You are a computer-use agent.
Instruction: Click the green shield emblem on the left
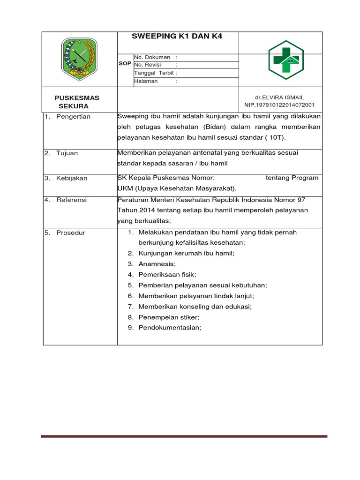click(x=79, y=59)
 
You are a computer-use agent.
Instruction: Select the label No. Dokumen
click(x=152, y=57)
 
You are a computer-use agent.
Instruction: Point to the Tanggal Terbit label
click(x=154, y=73)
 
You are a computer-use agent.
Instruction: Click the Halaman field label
click(x=146, y=81)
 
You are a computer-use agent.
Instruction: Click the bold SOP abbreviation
click(x=125, y=63)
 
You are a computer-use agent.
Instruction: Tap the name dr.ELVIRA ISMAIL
click(x=279, y=97)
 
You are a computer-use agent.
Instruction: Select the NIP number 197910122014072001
click(x=279, y=105)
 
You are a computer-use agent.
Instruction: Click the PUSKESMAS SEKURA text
click(x=77, y=102)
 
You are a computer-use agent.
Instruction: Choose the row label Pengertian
click(x=73, y=116)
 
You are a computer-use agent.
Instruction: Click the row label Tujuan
click(x=67, y=153)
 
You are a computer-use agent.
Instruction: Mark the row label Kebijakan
click(x=72, y=178)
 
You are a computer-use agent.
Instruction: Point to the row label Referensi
click(x=71, y=200)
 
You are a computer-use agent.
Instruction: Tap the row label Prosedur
click(x=70, y=232)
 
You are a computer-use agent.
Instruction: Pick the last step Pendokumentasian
click(x=170, y=328)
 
